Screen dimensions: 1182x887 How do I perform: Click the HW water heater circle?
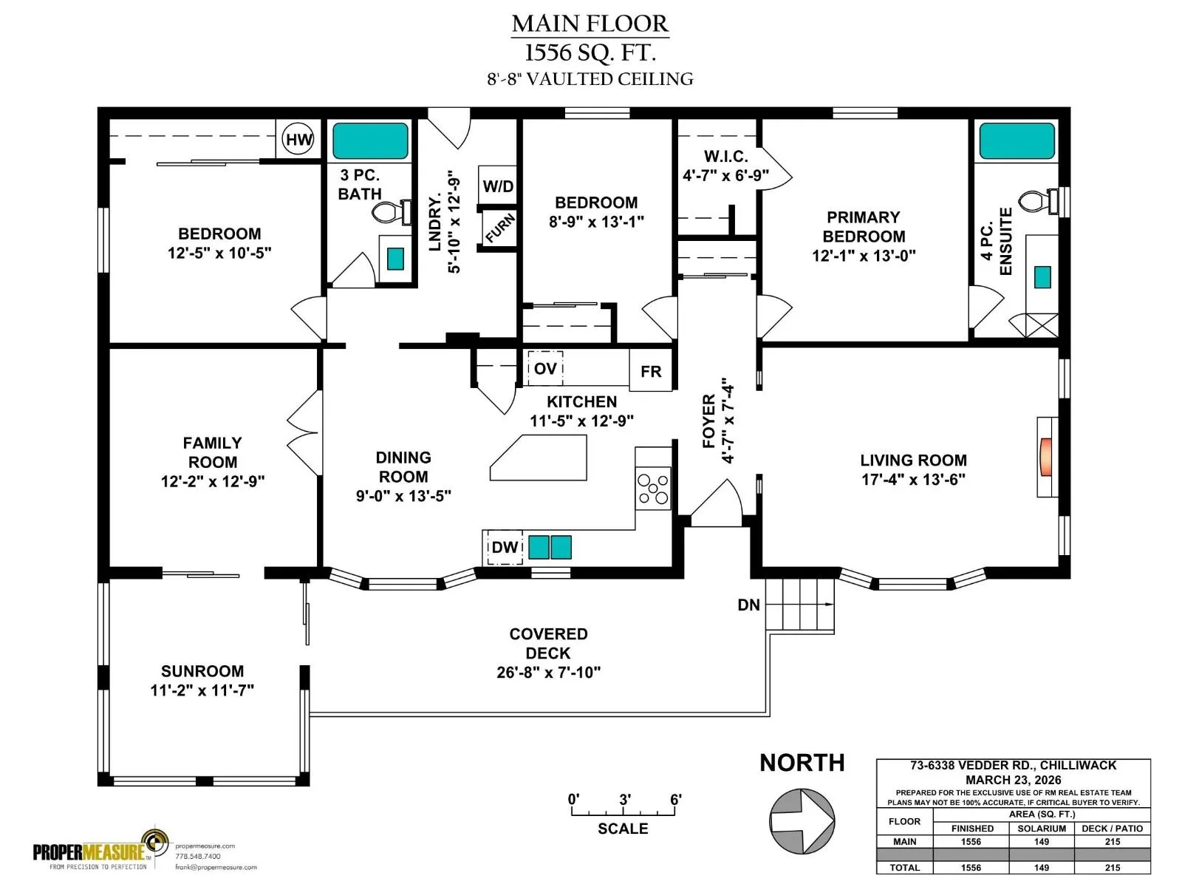(298, 140)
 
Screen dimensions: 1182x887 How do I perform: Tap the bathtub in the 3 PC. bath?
(370, 141)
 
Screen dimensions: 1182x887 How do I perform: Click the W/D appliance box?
(498, 186)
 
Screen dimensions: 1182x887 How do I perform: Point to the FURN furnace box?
(499, 228)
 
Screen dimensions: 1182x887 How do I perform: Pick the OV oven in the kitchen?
(545, 368)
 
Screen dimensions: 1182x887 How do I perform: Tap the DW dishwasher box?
(505, 547)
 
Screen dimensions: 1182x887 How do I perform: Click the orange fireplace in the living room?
(1045, 458)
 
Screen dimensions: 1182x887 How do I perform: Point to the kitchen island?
(538, 458)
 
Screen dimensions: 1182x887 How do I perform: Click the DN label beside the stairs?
(748, 605)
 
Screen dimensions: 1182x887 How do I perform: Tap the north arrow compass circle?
(802, 821)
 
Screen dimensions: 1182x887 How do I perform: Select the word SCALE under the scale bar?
(623, 829)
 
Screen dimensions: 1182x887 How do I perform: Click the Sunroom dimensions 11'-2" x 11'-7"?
(202, 690)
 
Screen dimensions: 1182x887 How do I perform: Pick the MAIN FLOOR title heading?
(590, 24)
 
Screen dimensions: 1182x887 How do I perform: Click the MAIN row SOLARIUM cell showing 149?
(1042, 841)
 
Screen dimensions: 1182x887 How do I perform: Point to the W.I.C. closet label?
(726, 156)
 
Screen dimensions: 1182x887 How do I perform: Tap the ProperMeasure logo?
(100, 849)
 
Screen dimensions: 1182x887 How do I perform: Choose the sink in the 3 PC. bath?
(396, 259)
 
